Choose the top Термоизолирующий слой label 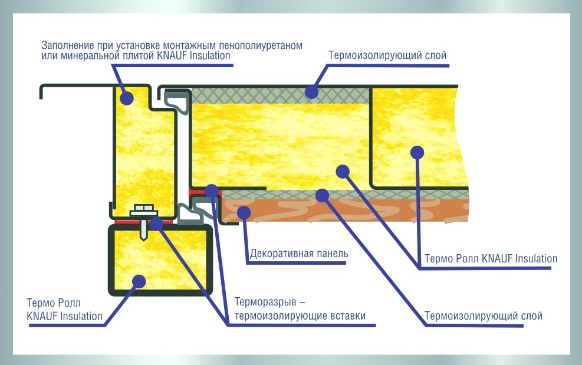click(x=387, y=55)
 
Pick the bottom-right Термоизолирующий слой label click(x=483, y=316)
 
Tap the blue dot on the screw click(x=156, y=223)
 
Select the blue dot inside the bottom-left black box click(x=139, y=280)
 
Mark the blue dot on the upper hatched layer click(x=311, y=91)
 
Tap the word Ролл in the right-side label click(x=467, y=258)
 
